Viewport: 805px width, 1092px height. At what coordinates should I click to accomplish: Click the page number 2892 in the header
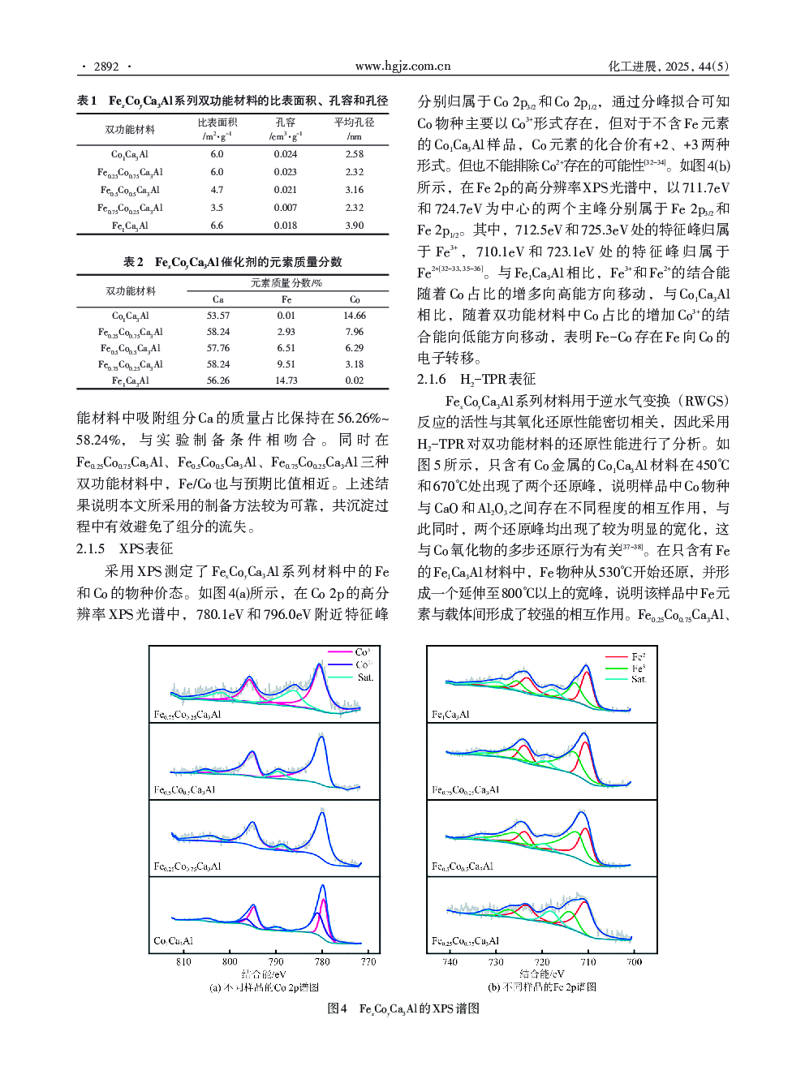click(106, 67)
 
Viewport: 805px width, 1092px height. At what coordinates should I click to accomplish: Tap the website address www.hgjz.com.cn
click(402, 67)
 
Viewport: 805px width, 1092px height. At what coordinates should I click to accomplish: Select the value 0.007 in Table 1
click(285, 208)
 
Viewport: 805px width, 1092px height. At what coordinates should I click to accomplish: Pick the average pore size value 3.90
click(354, 226)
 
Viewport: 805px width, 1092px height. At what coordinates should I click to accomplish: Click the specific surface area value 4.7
click(217, 190)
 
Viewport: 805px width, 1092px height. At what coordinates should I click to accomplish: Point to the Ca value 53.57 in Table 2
click(217, 316)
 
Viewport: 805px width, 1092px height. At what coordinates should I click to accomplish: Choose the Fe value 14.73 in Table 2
click(286, 380)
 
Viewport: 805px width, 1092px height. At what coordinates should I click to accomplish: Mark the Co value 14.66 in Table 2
click(354, 316)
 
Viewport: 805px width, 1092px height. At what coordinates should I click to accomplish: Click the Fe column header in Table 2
click(286, 299)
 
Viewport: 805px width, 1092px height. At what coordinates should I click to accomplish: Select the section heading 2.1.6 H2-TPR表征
click(476, 379)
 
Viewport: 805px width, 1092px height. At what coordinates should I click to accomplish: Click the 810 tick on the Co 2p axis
click(183, 962)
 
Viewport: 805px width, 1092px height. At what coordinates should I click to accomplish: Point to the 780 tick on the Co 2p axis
click(322, 962)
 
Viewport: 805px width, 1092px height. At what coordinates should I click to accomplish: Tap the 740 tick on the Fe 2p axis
click(450, 962)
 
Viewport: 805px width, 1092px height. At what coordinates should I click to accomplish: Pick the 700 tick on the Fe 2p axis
click(634, 962)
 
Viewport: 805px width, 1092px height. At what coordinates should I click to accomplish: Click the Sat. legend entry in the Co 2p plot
click(364, 677)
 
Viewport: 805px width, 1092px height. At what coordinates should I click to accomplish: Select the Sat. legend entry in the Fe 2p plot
click(639, 679)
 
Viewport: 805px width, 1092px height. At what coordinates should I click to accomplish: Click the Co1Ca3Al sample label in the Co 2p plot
click(173, 941)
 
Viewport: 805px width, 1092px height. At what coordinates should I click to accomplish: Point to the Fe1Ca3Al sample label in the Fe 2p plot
click(450, 715)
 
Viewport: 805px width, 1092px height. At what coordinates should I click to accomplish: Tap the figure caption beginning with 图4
click(402, 1008)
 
